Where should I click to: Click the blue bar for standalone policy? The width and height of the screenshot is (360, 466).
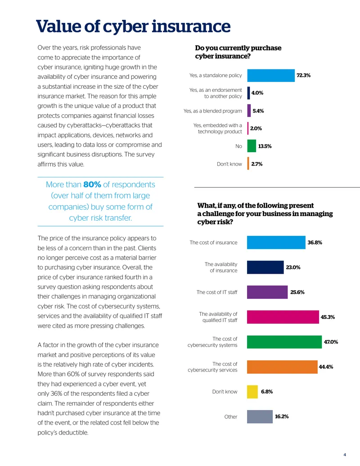[x=271, y=76]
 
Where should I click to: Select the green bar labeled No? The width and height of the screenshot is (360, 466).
[x=252, y=146]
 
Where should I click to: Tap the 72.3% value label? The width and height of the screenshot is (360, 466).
[x=304, y=76]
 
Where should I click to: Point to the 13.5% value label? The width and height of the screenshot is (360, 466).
[x=265, y=146]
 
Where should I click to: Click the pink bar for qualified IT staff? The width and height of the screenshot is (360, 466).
[x=283, y=317]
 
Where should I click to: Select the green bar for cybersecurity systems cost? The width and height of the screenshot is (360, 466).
[x=284, y=342]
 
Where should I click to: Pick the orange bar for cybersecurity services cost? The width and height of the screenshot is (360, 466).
[x=282, y=367]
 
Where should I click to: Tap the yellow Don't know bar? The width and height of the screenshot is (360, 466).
[x=252, y=392]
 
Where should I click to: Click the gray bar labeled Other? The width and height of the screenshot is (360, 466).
[x=260, y=416]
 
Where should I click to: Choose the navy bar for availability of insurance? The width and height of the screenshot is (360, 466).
[x=265, y=267]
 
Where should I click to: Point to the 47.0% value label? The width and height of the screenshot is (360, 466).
[x=331, y=342]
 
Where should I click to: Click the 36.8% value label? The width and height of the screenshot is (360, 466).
[x=315, y=243]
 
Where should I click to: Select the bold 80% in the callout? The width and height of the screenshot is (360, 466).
[x=92, y=185]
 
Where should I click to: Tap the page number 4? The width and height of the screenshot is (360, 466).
[x=345, y=455]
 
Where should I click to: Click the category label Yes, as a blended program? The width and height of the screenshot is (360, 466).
[x=213, y=111]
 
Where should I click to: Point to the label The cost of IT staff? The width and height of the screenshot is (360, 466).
[x=217, y=292]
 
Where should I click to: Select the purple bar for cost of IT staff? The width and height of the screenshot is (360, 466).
[x=267, y=292]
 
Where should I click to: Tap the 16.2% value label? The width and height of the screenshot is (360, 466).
[x=282, y=416]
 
